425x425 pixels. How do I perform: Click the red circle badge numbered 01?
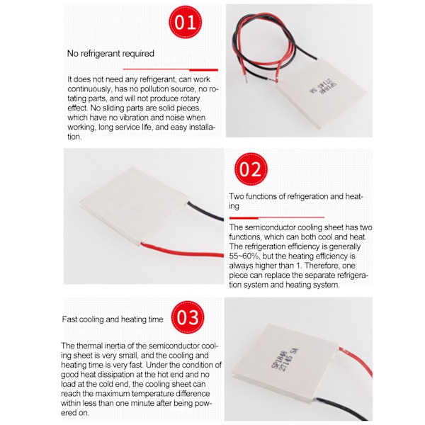point(186,22)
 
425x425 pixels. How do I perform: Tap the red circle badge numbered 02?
point(251,169)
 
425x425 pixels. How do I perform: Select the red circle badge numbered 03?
point(188,317)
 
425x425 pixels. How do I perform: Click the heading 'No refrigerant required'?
point(110,53)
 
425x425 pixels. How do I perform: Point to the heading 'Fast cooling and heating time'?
point(113,319)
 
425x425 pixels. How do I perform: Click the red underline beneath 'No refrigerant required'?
point(171,69)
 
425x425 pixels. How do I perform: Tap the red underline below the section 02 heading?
point(277,217)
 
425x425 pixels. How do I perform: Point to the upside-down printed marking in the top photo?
point(323,88)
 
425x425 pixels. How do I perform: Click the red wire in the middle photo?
point(182,251)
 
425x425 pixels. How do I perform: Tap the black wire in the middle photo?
point(205,211)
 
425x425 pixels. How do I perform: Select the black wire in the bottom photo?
point(344,409)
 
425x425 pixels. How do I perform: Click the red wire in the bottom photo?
point(357,361)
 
